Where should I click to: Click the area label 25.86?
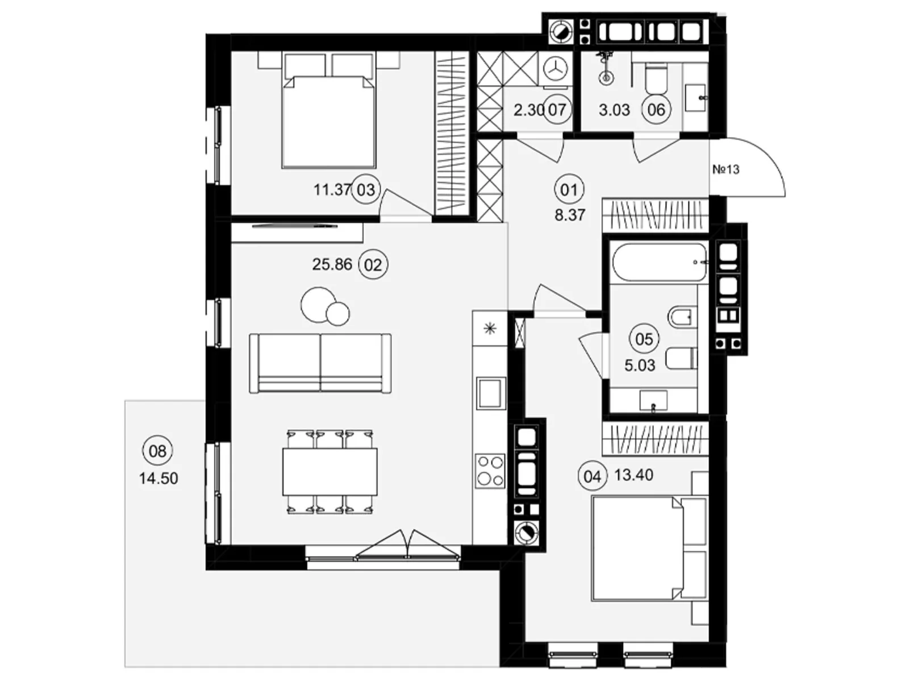[x=332, y=264]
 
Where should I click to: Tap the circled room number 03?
[x=365, y=190]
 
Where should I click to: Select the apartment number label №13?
[x=725, y=169]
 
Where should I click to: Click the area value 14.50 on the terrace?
[x=158, y=479]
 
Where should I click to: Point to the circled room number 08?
[x=157, y=451]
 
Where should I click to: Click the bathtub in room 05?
[x=660, y=263]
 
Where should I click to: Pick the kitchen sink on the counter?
[x=491, y=393]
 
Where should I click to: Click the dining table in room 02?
[x=330, y=472]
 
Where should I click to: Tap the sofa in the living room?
[x=320, y=363]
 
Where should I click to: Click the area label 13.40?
[x=633, y=475]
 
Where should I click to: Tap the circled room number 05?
[x=644, y=339]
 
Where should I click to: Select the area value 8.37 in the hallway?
[x=570, y=215]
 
